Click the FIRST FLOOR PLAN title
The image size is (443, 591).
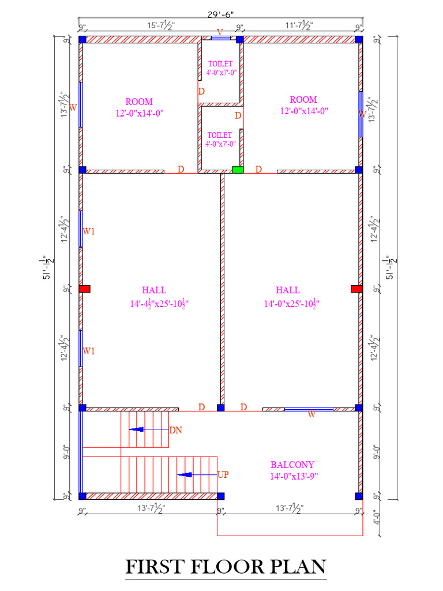point(226,567)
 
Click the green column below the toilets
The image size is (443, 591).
point(238,170)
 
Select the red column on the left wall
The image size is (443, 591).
point(85,289)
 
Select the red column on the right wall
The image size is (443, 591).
point(356,289)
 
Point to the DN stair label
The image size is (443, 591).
point(175,430)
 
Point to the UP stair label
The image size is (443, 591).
point(223,475)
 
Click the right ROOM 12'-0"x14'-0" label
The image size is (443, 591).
point(303,105)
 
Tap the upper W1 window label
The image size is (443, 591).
point(89,231)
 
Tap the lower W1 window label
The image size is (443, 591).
point(89,350)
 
